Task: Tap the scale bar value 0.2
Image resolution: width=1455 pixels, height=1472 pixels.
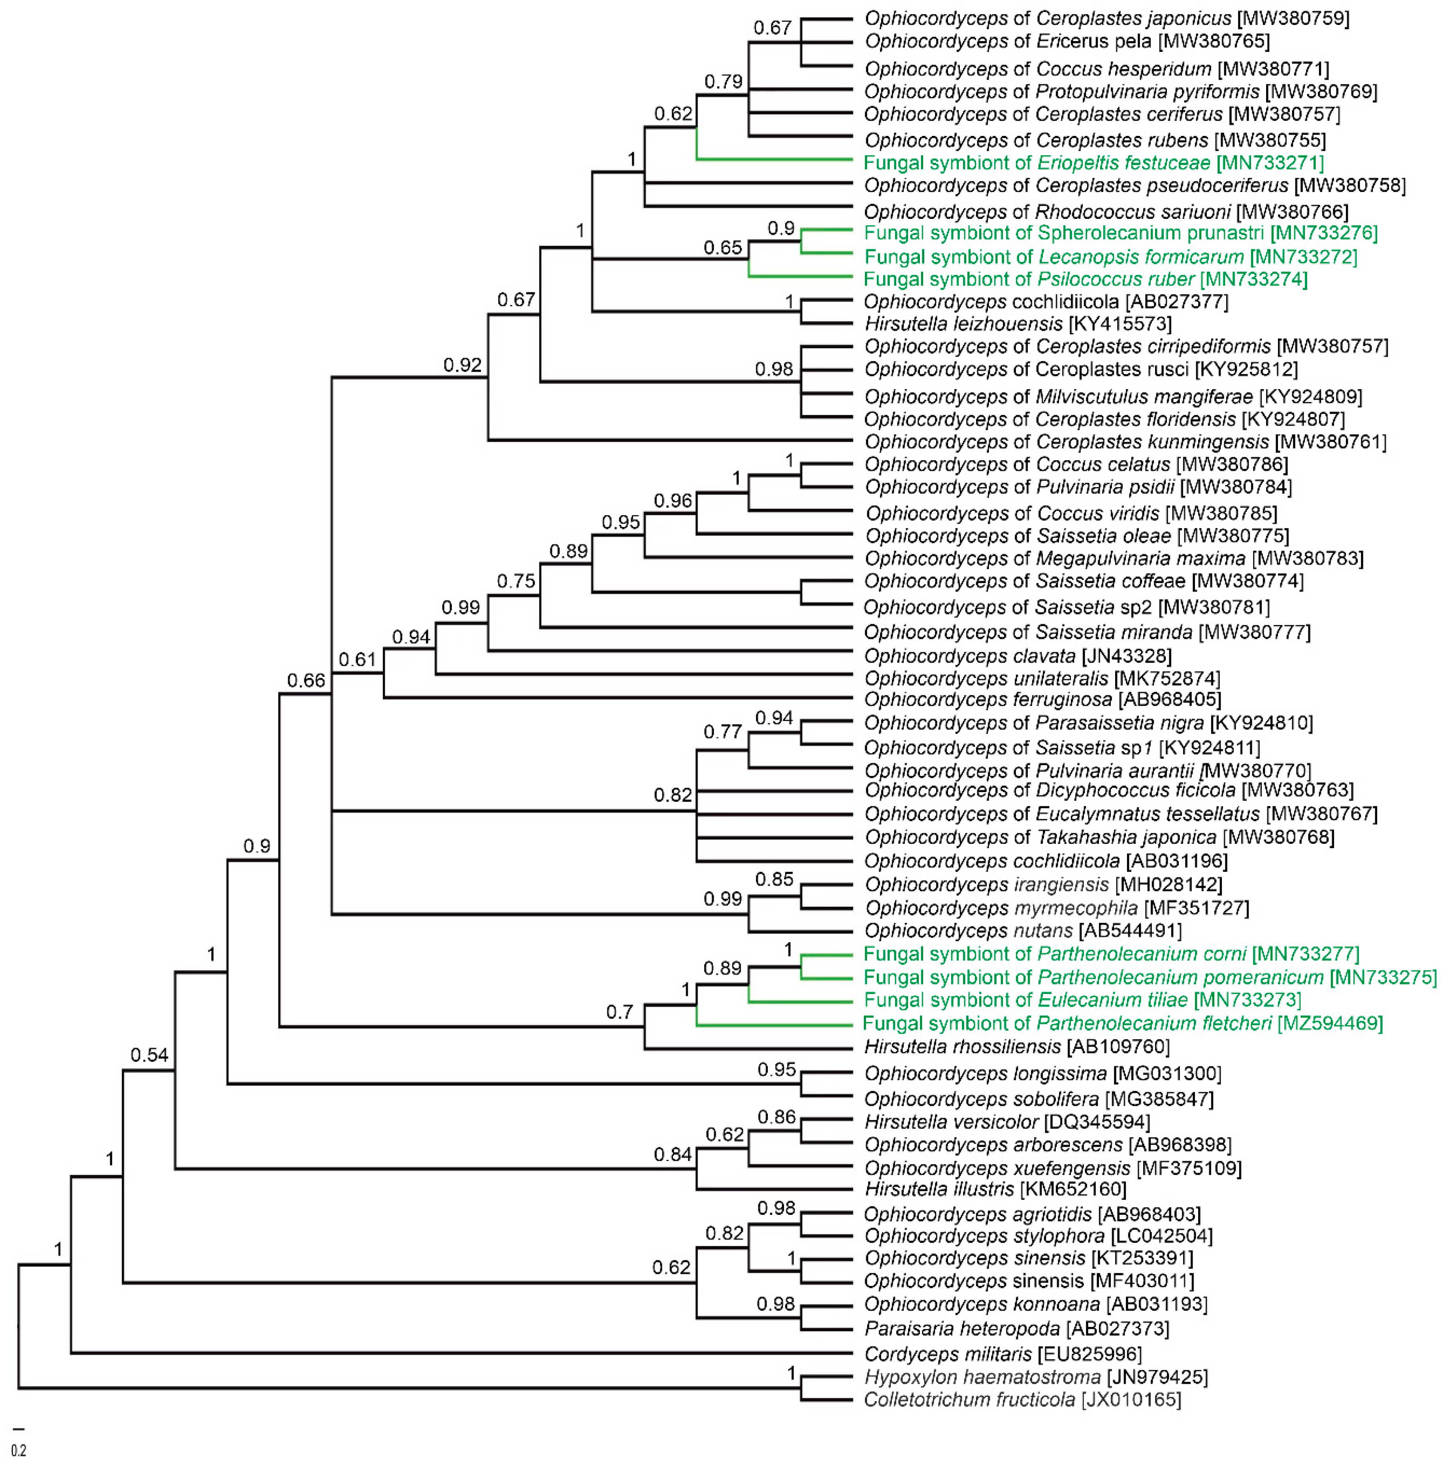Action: pyautogui.click(x=18, y=1451)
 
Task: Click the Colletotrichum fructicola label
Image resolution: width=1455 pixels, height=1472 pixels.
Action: pyautogui.click(x=1022, y=1400)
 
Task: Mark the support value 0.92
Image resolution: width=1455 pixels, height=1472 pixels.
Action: pyautogui.click(x=463, y=365)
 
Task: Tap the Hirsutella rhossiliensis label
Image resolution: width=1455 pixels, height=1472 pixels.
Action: pyautogui.click(x=1016, y=1047)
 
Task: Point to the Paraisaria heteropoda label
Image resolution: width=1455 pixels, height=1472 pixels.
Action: pyautogui.click(x=1016, y=1329)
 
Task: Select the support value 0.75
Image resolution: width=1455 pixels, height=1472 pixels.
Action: pyautogui.click(x=516, y=582)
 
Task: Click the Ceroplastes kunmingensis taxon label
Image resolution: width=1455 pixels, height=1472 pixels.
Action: pyautogui.click(x=1124, y=442)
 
